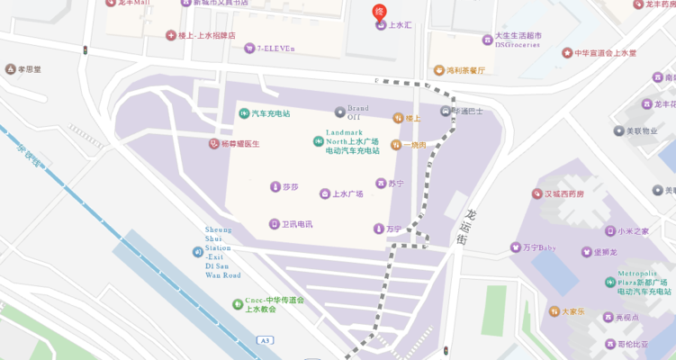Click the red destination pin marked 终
[x=379, y=12]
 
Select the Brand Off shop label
[x=353, y=112]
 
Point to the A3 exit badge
[x=264, y=340]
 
